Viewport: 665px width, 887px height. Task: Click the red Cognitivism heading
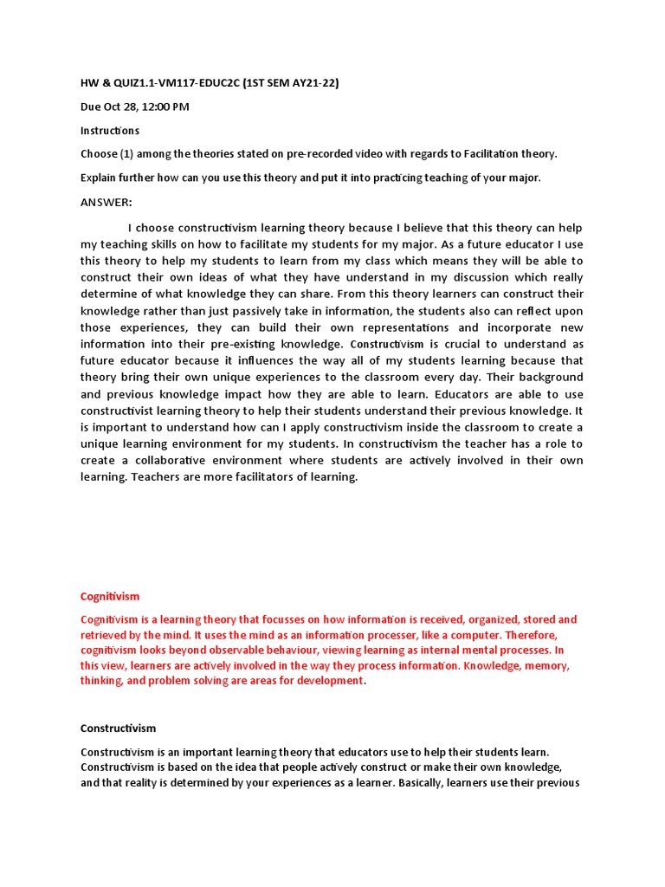tap(110, 597)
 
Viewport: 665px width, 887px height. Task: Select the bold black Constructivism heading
tap(118, 728)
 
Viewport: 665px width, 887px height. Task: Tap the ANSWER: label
tap(107, 202)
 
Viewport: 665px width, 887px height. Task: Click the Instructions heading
tap(109, 131)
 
